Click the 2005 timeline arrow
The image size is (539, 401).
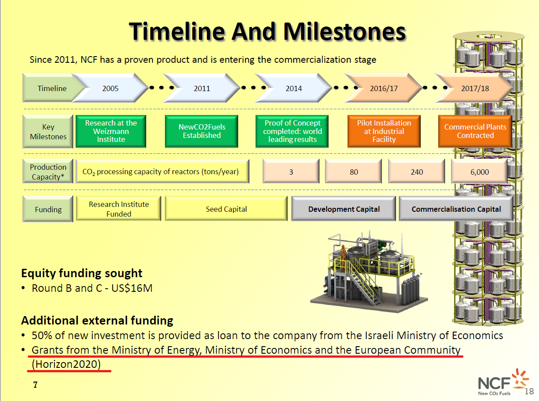111,88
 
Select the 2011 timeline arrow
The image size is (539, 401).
202,88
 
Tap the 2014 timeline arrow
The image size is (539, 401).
294,88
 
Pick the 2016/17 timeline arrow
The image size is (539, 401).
383,88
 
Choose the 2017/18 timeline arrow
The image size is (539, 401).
475,88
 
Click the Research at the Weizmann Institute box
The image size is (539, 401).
111,131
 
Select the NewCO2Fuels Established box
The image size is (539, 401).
202,131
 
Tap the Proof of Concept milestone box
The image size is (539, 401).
292,131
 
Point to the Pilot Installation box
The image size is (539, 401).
384,131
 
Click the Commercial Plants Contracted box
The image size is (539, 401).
475,131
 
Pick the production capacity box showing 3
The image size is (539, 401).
291,172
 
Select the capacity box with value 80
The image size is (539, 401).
354,172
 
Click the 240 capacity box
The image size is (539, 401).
417,172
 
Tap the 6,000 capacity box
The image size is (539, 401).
479,172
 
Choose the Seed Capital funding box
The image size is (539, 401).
226,209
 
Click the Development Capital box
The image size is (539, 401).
344,209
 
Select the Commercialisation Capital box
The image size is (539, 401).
456,209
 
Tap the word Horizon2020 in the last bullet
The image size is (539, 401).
66,364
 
